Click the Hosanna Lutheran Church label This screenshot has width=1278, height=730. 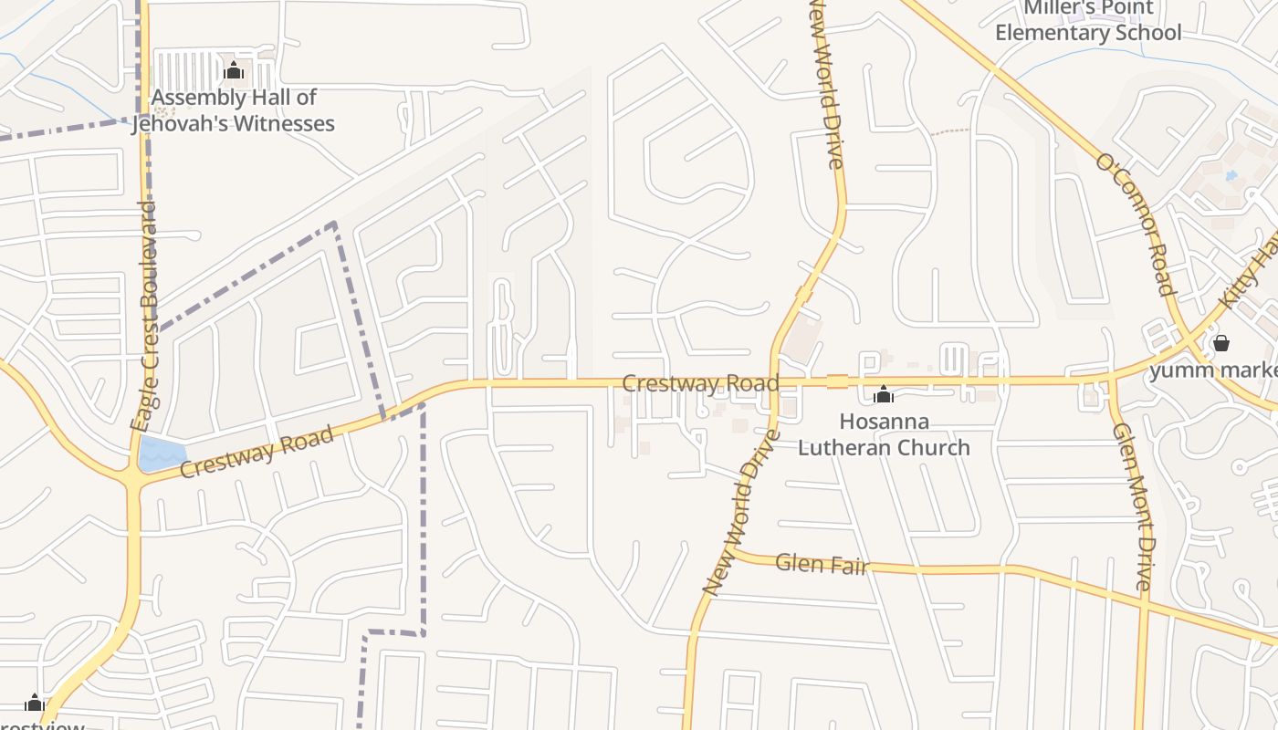884,434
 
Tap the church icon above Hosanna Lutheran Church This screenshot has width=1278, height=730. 883,395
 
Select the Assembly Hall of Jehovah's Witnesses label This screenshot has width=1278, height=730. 234,110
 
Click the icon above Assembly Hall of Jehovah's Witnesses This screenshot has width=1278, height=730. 234,70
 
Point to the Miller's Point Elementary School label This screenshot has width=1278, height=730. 1088,21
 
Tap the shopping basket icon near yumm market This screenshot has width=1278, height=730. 1220,343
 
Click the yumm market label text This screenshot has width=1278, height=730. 1214,370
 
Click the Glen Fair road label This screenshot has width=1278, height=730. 821,564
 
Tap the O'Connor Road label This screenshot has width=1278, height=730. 1135,224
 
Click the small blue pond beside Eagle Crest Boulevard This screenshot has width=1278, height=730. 162,454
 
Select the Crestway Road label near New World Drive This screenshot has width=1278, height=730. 700,383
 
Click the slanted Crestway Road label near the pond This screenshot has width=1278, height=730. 257,453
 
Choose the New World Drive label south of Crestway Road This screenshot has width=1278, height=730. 742,512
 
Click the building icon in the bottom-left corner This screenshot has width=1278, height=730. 35,703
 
